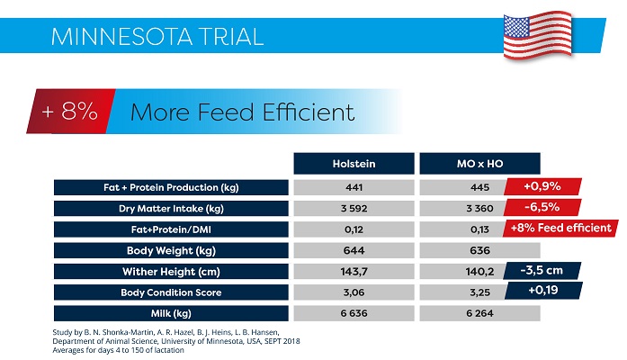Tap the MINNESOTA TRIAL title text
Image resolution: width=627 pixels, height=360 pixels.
click(157, 37)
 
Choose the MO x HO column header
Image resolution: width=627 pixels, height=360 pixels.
click(479, 164)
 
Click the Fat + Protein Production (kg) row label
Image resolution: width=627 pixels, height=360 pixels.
click(169, 187)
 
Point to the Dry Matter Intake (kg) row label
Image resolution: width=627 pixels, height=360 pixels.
click(169, 208)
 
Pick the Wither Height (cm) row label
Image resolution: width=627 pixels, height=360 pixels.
click(169, 271)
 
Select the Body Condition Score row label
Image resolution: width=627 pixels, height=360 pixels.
click(169, 292)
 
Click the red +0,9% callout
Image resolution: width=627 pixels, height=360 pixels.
click(542, 187)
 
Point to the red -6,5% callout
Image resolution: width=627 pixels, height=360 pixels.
click(542, 207)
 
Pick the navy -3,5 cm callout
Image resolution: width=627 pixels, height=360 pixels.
click(542, 269)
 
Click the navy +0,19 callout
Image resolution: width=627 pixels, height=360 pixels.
click(542, 290)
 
